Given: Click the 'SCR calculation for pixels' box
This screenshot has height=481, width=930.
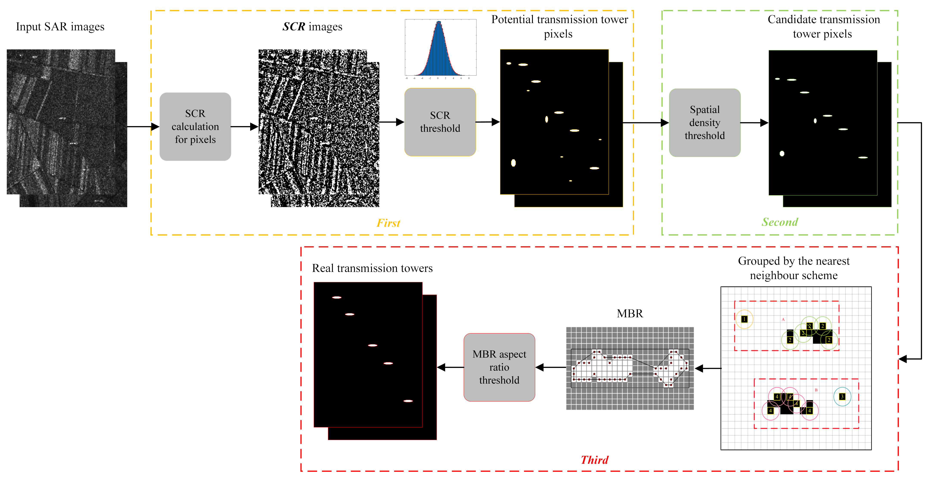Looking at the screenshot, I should [195, 126].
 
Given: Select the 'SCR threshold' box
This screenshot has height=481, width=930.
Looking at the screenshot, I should [440, 122].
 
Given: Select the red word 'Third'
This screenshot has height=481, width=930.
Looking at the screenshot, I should [594, 460].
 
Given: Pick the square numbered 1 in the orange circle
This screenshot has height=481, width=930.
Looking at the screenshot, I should [744, 319].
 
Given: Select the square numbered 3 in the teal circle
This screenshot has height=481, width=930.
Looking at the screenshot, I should [842, 397].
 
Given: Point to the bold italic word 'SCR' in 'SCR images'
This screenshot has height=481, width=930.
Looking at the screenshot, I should [294, 27].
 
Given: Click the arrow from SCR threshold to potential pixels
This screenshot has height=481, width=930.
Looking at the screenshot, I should [488, 122].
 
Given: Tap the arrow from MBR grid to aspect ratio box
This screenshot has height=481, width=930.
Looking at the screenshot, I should [551, 367].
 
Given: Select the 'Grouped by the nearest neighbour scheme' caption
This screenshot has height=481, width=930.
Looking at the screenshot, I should [794, 268].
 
